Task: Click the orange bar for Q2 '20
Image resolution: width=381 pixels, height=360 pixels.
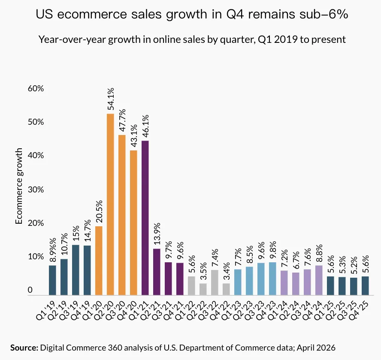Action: (110, 204)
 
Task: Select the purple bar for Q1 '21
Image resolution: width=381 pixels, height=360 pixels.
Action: (145, 218)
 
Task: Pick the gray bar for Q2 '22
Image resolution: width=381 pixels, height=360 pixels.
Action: (203, 289)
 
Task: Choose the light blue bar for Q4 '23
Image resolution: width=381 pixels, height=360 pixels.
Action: (272, 279)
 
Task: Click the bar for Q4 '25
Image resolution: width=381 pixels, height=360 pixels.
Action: (365, 285)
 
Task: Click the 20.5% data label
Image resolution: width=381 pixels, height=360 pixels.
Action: (99, 210)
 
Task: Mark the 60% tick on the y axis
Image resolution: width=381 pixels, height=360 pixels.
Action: (24, 89)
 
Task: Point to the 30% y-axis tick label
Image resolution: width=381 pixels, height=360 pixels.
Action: (24, 189)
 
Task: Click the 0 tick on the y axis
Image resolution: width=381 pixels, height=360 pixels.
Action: (30, 291)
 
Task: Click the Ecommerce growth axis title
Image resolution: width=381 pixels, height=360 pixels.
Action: (19, 186)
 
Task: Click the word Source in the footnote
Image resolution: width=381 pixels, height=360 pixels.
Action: (24, 347)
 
